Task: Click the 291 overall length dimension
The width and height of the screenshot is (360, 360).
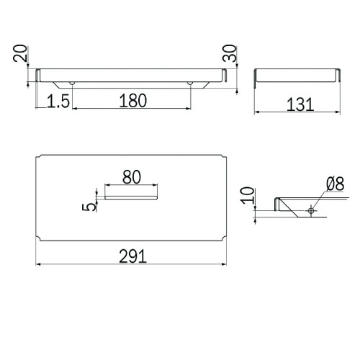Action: (x=132, y=256)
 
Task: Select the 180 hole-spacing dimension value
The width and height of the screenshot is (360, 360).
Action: (x=132, y=101)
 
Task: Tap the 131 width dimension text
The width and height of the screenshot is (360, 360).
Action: (x=300, y=104)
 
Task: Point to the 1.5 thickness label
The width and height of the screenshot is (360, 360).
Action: (x=58, y=101)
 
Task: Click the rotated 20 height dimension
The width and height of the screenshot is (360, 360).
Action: (x=20, y=53)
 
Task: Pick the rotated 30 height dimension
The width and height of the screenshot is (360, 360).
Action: (x=230, y=53)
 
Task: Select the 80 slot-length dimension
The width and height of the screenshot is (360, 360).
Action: (x=132, y=177)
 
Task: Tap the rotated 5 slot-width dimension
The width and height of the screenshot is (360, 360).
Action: (x=89, y=207)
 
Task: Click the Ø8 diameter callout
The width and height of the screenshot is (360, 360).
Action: (x=336, y=184)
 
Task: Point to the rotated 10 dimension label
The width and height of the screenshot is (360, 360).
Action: (x=248, y=196)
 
